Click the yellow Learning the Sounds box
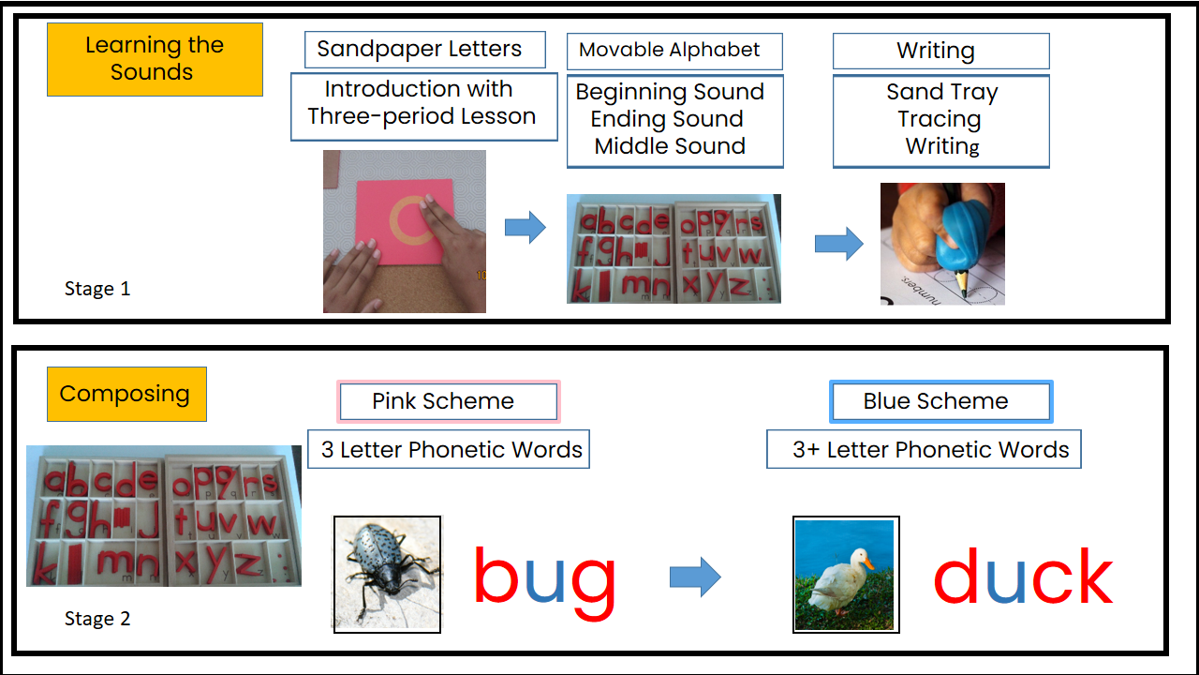(x=155, y=59)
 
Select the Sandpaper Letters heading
(x=424, y=50)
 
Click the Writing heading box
(x=940, y=51)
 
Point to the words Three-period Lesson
(x=422, y=117)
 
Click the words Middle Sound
(x=670, y=146)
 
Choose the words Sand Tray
(x=941, y=92)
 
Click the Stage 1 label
(x=97, y=289)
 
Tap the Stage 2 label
(x=97, y=619)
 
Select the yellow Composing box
(x=126, y=394)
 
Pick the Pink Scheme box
(x=447, y=401)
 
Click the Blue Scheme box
(x=940, y=401)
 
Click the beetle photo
(x=388, y=574)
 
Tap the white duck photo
(x=846, y=574)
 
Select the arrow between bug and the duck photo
(x=695, y=577)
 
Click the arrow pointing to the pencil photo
(x=838, y=244)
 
